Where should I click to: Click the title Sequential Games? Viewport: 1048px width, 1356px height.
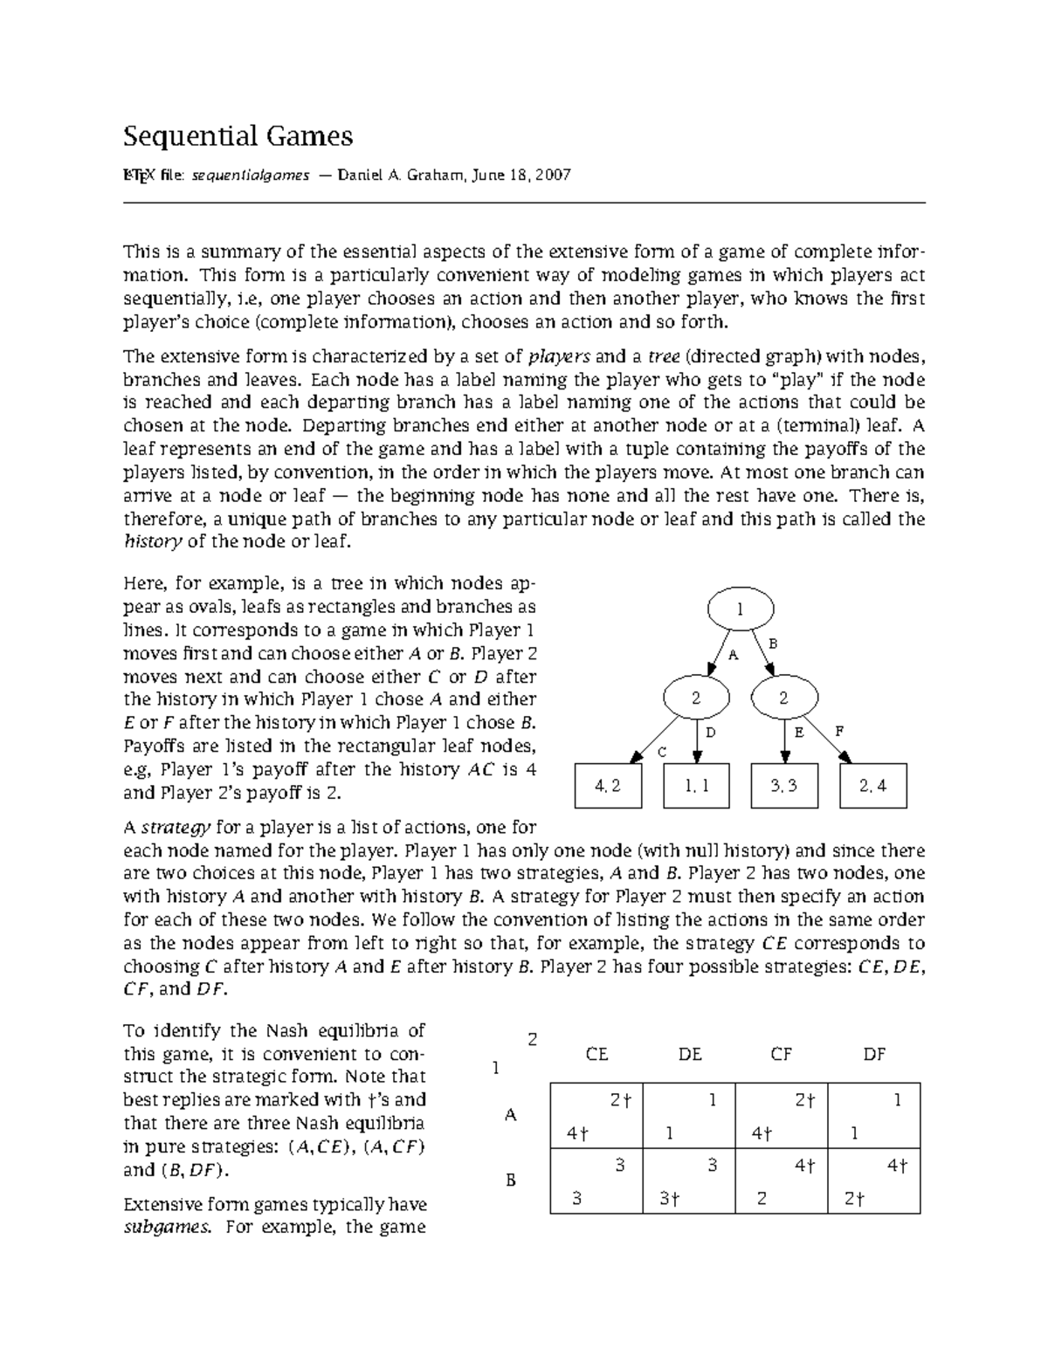(x=238, y=136)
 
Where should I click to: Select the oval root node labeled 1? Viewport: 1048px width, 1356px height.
(x=740, y=609)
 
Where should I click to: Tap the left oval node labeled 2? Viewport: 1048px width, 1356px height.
(x=696, y=698)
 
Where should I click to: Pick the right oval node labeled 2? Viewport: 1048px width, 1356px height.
(x=783, y=698)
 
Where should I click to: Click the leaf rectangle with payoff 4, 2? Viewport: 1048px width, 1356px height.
(x=608, y=785)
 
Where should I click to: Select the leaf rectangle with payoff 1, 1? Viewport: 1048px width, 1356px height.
(x=696, y=785)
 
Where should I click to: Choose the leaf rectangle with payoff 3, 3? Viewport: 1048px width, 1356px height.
(x=784, y=785)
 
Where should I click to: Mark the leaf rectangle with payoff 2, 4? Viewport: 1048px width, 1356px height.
(x=872, y=785)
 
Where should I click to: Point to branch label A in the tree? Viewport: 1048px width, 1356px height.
(x=733, y=656)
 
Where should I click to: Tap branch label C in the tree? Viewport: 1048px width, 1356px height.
(x=661, y=752)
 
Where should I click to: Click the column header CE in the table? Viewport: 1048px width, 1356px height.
(x=596, y=1054)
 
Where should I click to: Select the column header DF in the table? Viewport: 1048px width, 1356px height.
(x=874, y=1054)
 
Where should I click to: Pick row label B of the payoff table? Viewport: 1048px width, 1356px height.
(x=511, y=1180)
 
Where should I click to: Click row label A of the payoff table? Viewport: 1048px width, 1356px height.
(x=511, y=1115)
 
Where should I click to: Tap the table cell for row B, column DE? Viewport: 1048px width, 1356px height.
(x=689, y=1181)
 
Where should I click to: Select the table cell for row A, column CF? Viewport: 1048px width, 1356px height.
(x=782, y=1116)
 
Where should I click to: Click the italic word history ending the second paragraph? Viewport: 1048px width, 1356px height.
(x=153, y=541)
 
